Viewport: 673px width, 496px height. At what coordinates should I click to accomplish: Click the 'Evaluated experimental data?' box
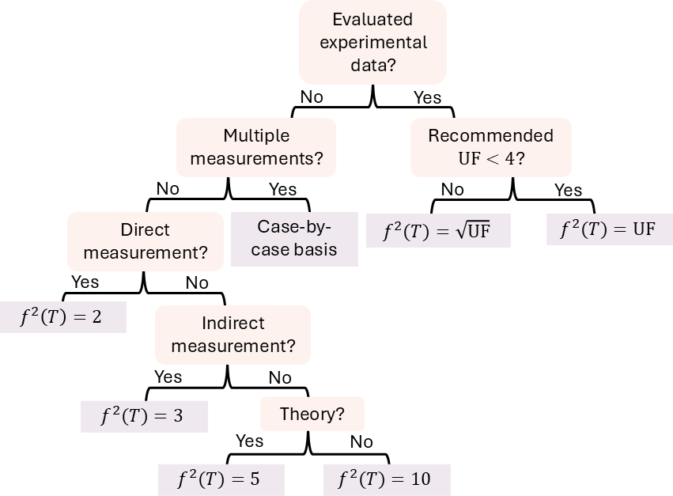tap(372, 42)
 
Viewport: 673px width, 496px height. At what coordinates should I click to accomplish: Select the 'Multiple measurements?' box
tap(256, 147)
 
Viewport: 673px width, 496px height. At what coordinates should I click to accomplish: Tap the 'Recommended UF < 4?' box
tap(490, 147)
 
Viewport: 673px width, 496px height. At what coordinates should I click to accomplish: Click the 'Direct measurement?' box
tap(145, 241)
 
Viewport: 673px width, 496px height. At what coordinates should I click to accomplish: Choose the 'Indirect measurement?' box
tap(233, 335)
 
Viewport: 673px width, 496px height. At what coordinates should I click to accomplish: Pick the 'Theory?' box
tap(312, 414)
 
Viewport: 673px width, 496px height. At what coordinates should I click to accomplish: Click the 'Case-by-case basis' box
tap(295, 238)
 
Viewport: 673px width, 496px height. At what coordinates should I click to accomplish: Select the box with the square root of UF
tap(438, 231)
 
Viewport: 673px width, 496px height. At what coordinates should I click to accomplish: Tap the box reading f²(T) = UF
tap(609, 229)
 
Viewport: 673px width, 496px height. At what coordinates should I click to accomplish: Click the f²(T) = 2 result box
tap(62, 317)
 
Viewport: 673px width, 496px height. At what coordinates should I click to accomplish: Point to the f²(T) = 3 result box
tap(144, 416)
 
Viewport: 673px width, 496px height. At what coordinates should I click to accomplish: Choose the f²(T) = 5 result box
tap(221, 479)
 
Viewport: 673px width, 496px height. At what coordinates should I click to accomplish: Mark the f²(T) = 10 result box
tap(387, 479)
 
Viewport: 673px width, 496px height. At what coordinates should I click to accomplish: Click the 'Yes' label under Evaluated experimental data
tap(428, 97)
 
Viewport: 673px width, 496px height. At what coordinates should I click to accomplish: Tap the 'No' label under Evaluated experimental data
tap(312, 97)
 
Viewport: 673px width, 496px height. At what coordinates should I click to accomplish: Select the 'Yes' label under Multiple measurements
tap(282, 189)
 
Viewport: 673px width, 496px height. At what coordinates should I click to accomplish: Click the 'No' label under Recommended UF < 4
tap(452, 189)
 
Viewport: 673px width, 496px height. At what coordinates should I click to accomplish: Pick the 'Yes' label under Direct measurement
tap(85, 282)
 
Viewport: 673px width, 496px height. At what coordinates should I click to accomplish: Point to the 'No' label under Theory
tap(361, 441)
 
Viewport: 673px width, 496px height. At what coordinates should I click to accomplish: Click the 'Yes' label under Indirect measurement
tap(168, 377)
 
